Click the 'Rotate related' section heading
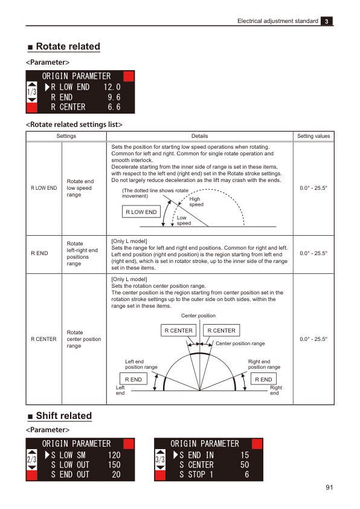68,47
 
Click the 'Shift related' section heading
63,416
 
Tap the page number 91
329,488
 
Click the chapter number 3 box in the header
327,21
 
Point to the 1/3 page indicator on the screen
32,92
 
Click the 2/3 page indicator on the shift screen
32,461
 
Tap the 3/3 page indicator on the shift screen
161,461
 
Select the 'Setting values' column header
313,136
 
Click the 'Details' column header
199,136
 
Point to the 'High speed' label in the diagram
196,201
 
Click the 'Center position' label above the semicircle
198,316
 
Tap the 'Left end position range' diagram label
141,364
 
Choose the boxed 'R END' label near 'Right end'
263,379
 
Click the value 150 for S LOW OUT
112,465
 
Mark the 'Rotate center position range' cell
84,339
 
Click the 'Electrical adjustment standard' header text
277,21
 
